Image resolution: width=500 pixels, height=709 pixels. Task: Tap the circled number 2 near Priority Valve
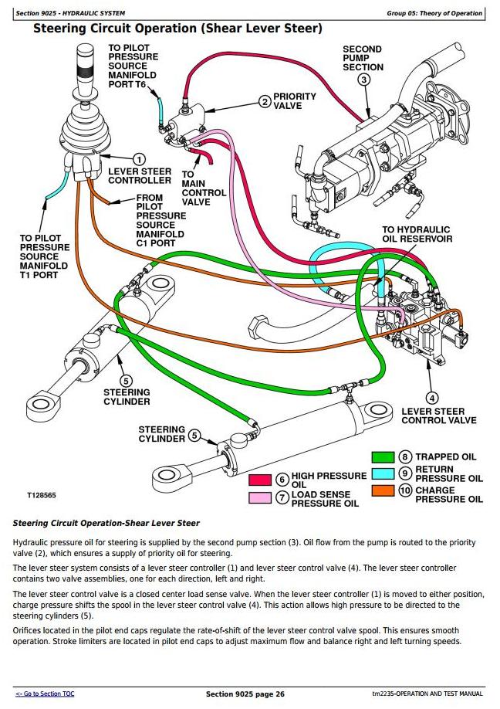pyautogui.click(x=265, y=101)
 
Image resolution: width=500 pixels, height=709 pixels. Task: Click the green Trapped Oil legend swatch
pyautogui.click(x=383, y=457)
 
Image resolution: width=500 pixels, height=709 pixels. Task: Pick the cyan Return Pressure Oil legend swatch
pyautogui.click(x=383, y=473)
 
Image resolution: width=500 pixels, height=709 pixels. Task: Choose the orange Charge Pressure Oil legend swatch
pyautogui.click(x=383, y=490)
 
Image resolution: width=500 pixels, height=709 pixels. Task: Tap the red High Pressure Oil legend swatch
pyautogui.click(x=260, y=480)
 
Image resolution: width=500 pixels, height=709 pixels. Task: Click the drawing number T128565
pyautogui.click(x=42, y=495)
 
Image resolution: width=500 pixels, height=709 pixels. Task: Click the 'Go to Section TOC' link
pyautogui.click(x=45, y=694)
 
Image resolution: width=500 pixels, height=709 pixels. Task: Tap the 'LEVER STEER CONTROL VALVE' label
pyautogui.click(x=439, y=416)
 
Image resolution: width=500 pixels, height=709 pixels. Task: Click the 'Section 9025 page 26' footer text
pyautogui.click(x=245, y=694)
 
